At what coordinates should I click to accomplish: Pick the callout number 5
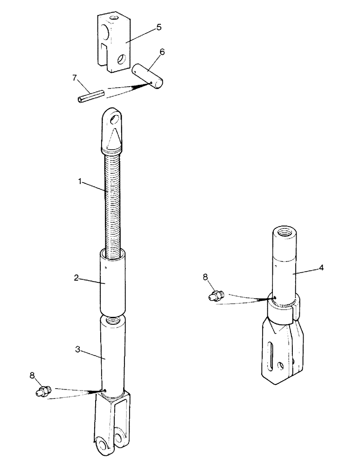[x=159, y=27]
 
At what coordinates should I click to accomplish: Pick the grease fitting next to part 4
[x=216, y=295]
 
